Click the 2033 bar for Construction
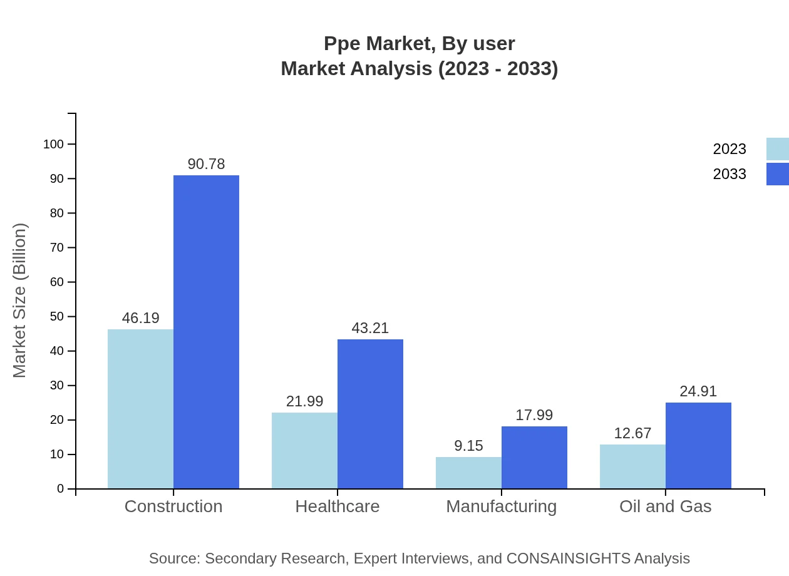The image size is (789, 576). click(x=206, y=332)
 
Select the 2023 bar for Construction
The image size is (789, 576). click(x=140, y=409)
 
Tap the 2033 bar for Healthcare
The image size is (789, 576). click(x=370, y=414)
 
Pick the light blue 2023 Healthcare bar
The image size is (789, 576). click(x=304, y=450)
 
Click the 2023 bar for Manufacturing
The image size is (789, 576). click(x=468, y=473)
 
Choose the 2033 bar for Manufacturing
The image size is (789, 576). click(x=534, y=457)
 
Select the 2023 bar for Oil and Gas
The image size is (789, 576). click(x=632, y=466)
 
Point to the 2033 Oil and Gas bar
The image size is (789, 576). click(x=698, y=445)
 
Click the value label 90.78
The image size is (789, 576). click(x=206, y=164)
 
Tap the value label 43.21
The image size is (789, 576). click(x=370, y=328)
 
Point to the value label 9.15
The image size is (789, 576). click(x=468, y=446)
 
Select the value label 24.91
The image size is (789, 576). click(x=698, y=391)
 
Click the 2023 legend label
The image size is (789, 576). click(x=730, y=149)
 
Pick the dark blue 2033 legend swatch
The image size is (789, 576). click(x=777, y=174)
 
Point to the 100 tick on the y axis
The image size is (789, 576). click(x=54, y=144)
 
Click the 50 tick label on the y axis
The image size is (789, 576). click(x=57, y=316)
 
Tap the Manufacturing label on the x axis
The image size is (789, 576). click(x=501, y=506)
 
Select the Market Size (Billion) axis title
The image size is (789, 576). click(x=20, y=301)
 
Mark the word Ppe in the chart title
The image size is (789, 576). click(x=343, y=44)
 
